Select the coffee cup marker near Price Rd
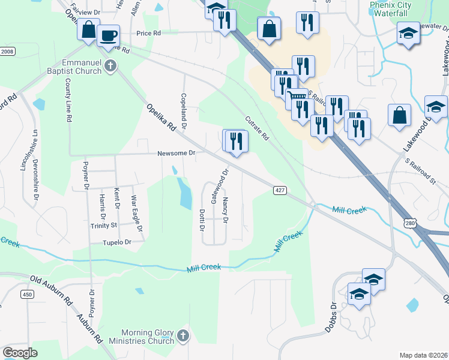[108, 35]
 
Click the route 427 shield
[280, 190]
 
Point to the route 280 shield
[409, 223]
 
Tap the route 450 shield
[26, 294]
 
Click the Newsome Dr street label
[176, 153]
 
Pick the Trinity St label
[104, 225]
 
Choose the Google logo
[20, 353]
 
